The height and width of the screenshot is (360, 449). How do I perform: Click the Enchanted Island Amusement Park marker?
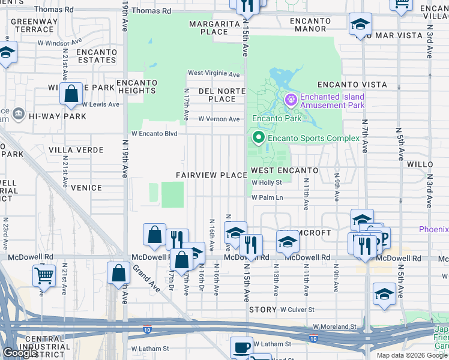click(x=291, y=100)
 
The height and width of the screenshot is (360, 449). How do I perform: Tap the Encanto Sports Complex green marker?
click(x=259, y=138)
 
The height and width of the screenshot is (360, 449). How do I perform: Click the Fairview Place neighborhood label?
click(x=211, y=175)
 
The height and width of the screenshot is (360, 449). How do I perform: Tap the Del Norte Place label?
click(x=217, y=95)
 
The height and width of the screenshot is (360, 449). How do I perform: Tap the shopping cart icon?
click(x=44, y=275)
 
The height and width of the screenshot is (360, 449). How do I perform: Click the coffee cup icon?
click(x=242, y=347)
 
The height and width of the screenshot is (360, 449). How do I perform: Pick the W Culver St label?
click(x=297, y=310)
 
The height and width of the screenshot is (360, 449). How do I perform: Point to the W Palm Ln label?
click(x=267, y=197)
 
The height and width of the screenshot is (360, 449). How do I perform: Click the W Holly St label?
click(x=267, y=183)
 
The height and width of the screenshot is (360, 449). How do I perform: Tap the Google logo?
click(x=20, y=353)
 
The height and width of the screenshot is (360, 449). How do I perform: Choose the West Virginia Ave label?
click(x=214, y=74)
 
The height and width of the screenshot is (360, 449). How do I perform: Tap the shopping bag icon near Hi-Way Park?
click(x=71, y=94)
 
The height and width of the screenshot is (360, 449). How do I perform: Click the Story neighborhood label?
click(x=263, y=310)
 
